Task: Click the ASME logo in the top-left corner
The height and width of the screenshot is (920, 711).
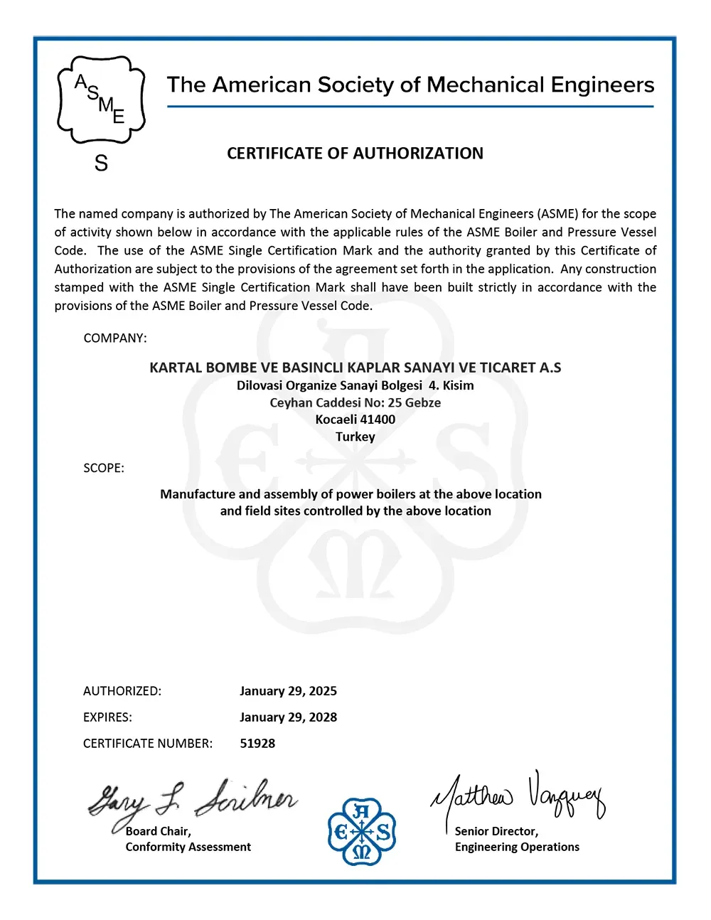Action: click(101, 100)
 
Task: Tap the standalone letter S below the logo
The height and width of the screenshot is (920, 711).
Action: click(101, 164)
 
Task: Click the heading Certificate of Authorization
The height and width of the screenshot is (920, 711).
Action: click(355, 154)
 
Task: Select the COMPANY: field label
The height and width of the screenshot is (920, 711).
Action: click(115, 338)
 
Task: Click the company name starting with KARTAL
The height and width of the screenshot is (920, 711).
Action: click(355, 368)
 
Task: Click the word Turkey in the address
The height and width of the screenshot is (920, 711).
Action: click(355, 437)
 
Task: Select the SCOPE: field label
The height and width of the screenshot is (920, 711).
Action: click(104, 469)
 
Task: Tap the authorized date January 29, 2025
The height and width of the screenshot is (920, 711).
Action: click(288, 691)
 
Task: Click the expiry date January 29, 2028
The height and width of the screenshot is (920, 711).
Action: click(288, 717)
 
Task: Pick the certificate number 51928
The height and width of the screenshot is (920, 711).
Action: click(257, 744)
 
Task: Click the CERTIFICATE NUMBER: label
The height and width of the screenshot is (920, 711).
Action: click(148, 744)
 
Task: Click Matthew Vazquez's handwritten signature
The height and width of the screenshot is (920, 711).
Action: click(518, 796)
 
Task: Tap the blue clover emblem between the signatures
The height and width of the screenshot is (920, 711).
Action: click(362, 831)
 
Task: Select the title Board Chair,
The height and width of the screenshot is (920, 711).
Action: click(159, 831)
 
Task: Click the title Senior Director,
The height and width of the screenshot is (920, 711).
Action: click(496, 831)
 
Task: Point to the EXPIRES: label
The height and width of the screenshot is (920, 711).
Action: click(107, 717)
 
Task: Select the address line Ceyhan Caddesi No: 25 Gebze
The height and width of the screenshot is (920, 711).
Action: click(355, 402)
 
